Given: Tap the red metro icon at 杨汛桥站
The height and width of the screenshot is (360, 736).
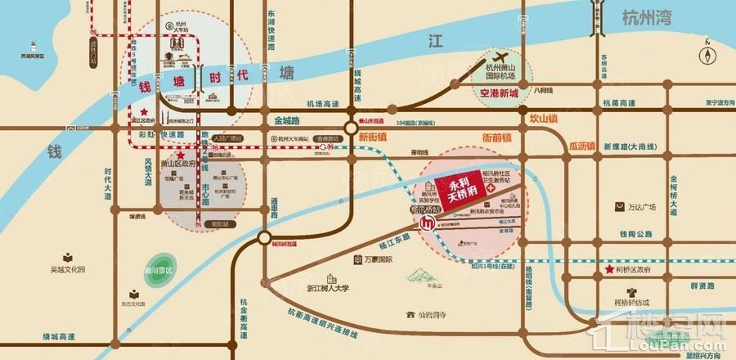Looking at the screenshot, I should pyautogui.click(x=425, y=223).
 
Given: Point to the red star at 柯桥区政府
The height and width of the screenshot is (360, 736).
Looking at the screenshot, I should pyautogui.click(x=608, y=269).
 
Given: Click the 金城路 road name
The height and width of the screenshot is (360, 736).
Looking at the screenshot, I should pyautogui.click(x=287, y=120).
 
